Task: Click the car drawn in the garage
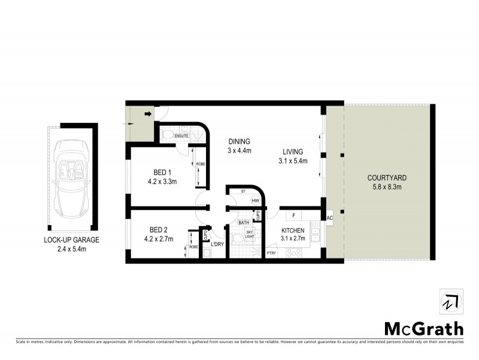[x=71, y=179]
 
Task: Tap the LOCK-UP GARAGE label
[x=71, y=239]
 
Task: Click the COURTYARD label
[x=387, y=178]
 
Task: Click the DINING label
[x=239, y=142]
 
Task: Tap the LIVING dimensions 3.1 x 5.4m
[x=293, y=161]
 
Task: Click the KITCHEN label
[x=293, y=230]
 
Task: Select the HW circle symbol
[x=255, y=201]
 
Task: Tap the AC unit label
[x=329, y=218]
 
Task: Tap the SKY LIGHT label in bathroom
[x=250, y=233]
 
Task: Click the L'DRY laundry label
[x=216, y=244]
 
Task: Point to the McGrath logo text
[x=423, y=328]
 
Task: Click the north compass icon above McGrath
[x=451, y=301]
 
